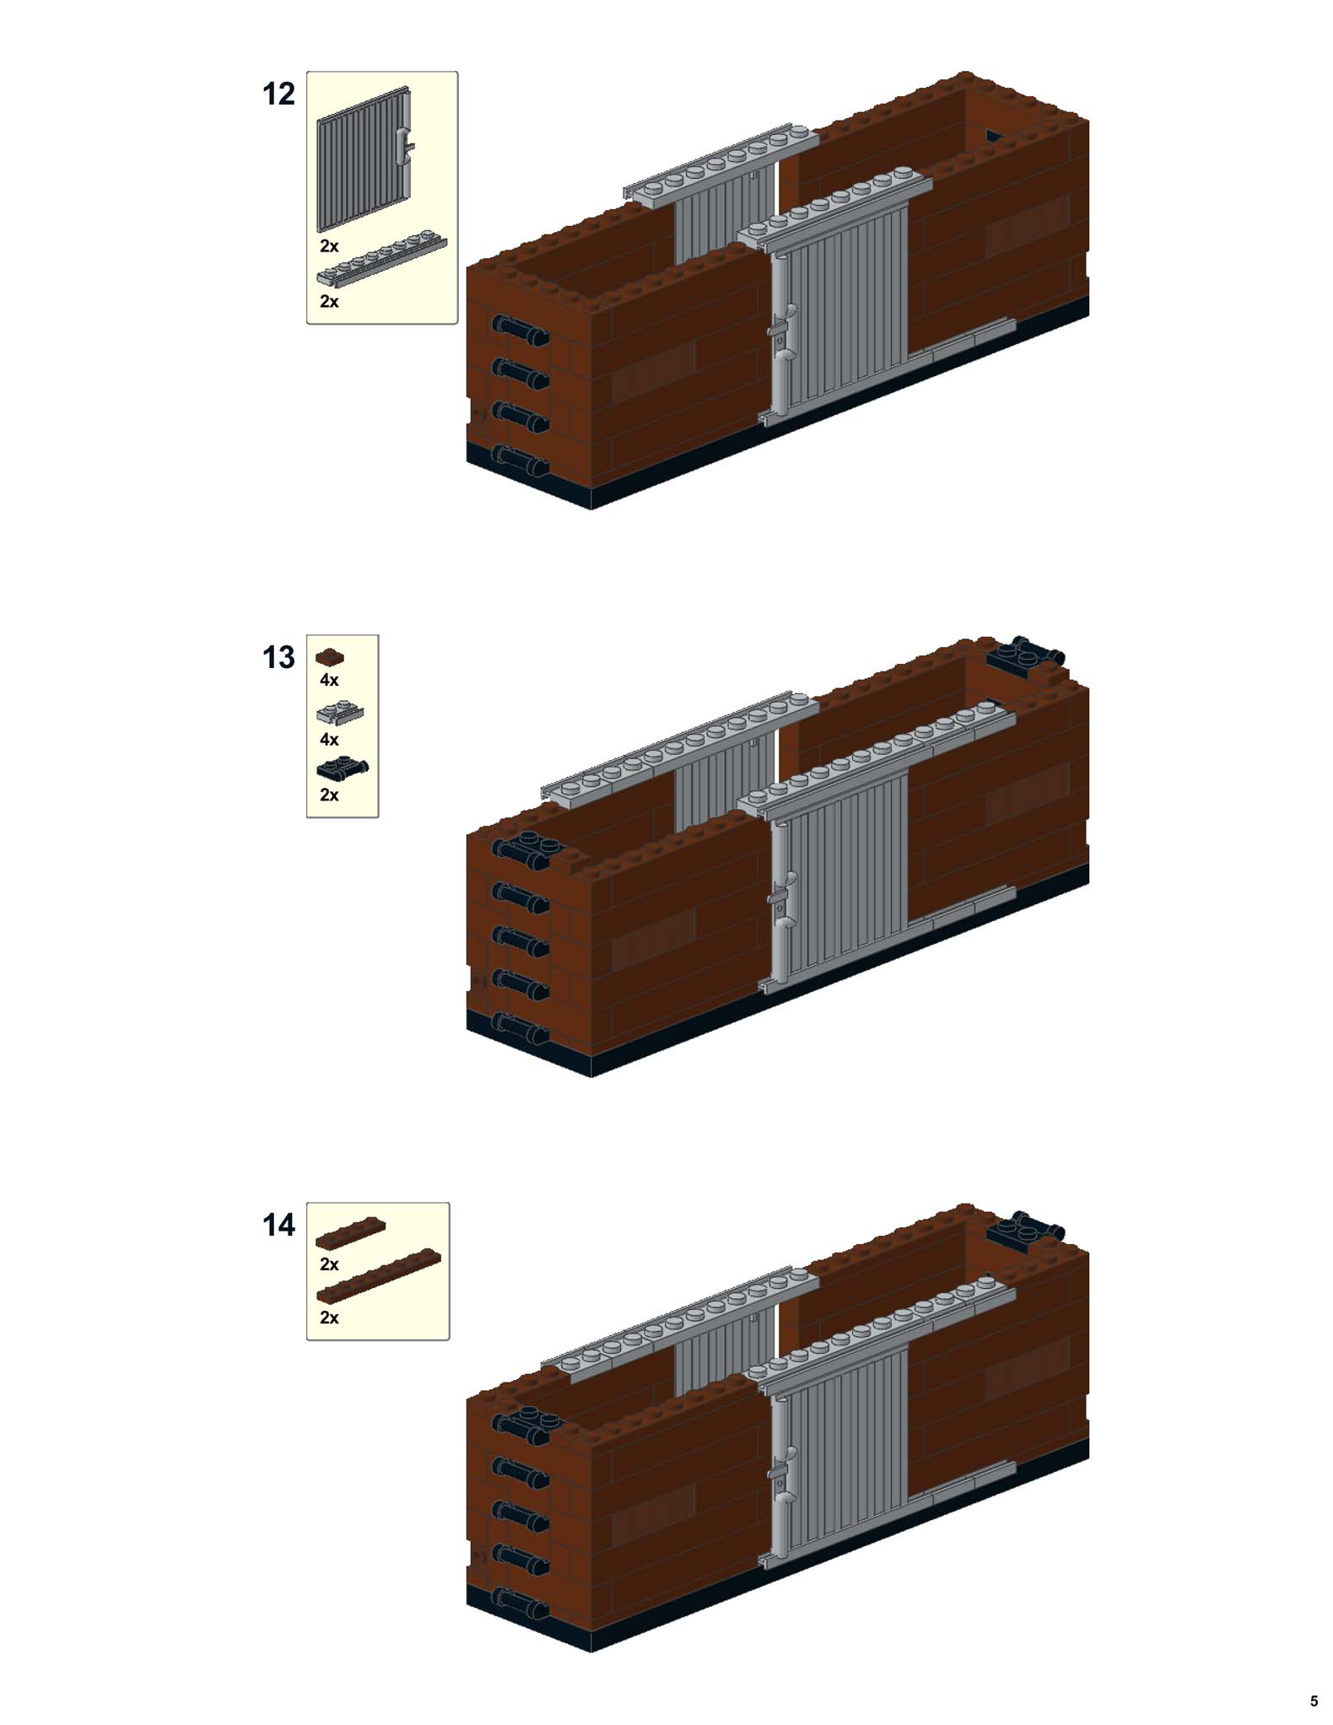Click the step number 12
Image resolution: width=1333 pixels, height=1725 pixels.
[x=278, y=94]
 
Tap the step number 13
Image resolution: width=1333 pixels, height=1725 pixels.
[x=278, y=657]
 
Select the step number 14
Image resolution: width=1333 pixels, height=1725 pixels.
[x=278, y=1225]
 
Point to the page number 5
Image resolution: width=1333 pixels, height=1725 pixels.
[x=1313, y=1701]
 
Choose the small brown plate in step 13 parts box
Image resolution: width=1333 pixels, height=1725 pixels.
[x=330, y=656]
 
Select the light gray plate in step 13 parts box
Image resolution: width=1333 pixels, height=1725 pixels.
[x=340, y=714]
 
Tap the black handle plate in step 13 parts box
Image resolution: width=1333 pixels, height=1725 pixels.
[x=342, y=768]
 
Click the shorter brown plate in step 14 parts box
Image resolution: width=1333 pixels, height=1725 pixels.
[x=350, y=1232]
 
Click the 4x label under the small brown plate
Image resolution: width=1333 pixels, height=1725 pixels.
[x=329, y=680]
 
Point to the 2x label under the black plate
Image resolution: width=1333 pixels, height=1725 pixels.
[x=329, y=795]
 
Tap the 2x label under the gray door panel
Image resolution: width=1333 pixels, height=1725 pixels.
[x=329, y=246]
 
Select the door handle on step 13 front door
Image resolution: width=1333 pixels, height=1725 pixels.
[x=781, y=899]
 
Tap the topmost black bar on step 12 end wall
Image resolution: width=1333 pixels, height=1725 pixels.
[x=520, y=330]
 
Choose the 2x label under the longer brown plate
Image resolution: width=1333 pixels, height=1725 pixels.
[x=329, y=1318]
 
